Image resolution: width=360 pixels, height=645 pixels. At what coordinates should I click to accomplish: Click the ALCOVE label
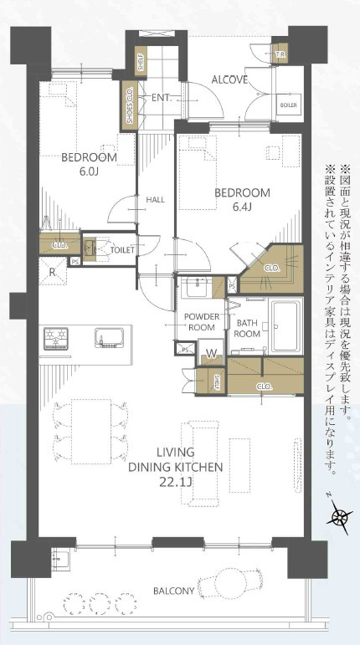[229, 80]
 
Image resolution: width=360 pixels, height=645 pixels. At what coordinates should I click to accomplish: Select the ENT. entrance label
[162, 98]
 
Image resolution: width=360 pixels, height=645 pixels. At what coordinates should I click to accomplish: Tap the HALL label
[155, 200]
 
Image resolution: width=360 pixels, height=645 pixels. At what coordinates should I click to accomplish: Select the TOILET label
[121, 249]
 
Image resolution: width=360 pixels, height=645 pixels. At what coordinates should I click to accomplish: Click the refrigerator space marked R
[53, 273]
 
